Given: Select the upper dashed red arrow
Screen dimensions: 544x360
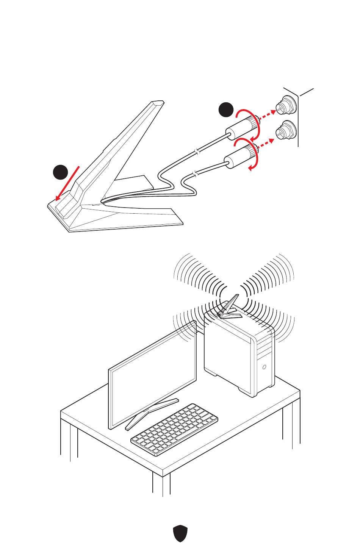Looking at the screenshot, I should tap(269, 114).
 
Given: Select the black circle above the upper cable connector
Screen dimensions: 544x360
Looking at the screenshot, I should tap(226, 109).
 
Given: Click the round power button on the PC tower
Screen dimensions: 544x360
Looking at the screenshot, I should tap(264, 367).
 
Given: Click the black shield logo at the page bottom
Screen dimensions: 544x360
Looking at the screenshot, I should tap(180, 533).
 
